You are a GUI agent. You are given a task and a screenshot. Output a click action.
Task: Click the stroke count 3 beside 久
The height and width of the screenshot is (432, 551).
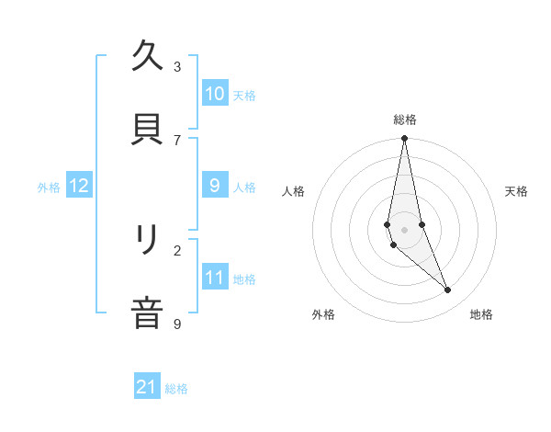(177, 67)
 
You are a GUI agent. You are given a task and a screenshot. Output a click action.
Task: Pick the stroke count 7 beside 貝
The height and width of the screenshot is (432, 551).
(177, 140)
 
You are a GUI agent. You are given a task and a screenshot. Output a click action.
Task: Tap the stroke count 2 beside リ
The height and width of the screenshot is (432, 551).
(177, 250)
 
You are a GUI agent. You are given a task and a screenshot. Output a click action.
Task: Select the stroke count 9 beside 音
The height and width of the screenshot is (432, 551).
(177, 324)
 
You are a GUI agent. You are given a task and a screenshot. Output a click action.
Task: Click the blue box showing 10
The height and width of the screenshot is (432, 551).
(215, 94)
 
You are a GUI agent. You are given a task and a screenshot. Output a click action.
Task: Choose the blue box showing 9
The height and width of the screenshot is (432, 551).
(215, 186)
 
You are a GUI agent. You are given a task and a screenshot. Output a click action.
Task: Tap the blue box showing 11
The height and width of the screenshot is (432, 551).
(215, 278)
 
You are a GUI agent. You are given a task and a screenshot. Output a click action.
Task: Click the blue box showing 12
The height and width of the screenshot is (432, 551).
(79, 186)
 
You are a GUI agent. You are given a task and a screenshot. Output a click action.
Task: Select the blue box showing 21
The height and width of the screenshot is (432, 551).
(147, 388)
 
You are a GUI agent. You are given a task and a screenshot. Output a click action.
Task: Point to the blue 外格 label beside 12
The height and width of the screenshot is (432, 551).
(49, 188)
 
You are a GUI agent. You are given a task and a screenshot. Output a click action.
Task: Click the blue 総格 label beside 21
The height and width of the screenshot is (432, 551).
(176, 390)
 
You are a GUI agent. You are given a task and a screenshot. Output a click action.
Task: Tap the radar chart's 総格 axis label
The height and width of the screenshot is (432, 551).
(405, 119)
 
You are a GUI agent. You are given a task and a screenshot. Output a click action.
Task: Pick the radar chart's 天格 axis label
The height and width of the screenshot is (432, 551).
(517, 191)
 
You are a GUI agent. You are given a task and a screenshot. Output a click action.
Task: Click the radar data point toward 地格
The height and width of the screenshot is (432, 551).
(448, 290)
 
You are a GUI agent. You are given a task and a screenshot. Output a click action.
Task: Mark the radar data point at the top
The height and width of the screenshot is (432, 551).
(404, 139)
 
